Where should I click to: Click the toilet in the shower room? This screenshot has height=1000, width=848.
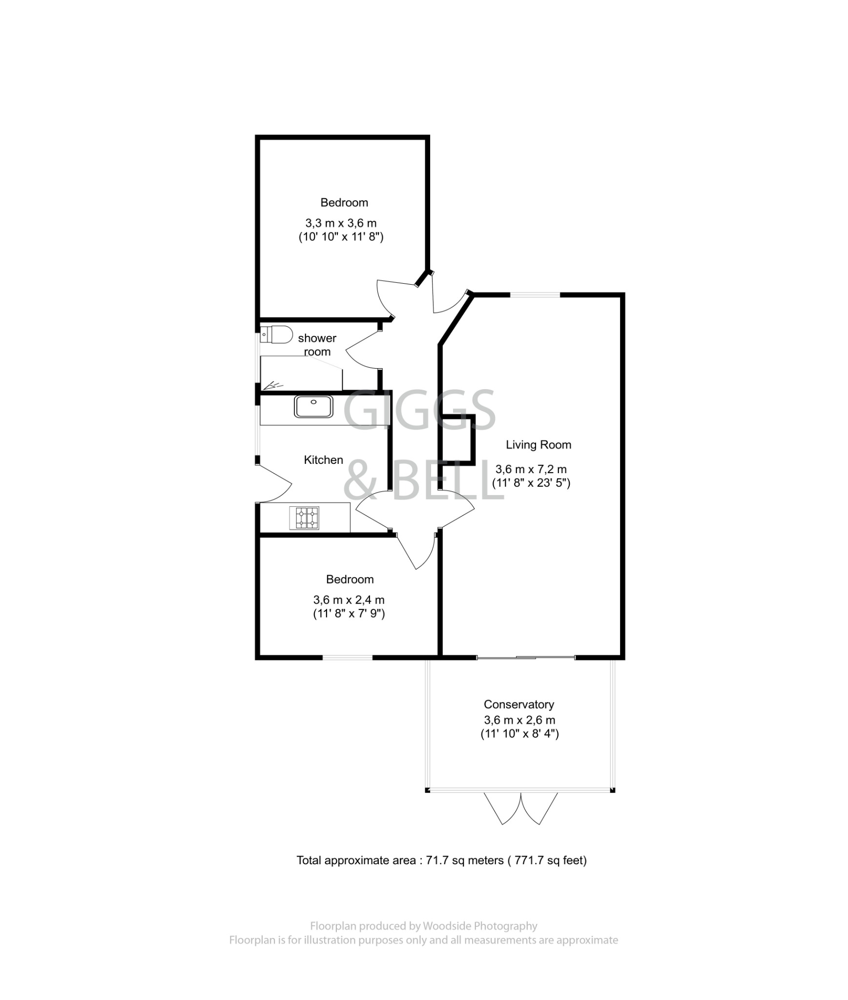276,335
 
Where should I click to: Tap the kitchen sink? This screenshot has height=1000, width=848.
313,406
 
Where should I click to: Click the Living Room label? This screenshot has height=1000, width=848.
538,445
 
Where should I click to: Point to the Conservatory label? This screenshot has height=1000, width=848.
518,704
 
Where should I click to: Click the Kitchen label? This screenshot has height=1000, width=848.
323,459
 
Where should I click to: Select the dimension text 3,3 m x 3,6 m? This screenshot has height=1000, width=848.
341,223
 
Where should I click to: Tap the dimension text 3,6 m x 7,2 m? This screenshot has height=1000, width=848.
531,469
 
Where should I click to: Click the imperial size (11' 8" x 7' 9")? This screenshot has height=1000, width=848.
349,613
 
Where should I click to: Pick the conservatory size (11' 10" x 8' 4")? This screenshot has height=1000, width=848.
519,733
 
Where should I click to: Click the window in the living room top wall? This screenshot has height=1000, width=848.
535,295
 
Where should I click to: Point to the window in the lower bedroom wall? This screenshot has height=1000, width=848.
347,657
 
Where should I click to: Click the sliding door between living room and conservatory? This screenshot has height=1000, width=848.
525,658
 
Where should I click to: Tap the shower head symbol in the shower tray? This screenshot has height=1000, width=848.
273,385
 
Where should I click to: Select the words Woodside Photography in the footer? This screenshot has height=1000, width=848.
479,926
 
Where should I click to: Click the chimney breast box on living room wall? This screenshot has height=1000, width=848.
456,440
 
